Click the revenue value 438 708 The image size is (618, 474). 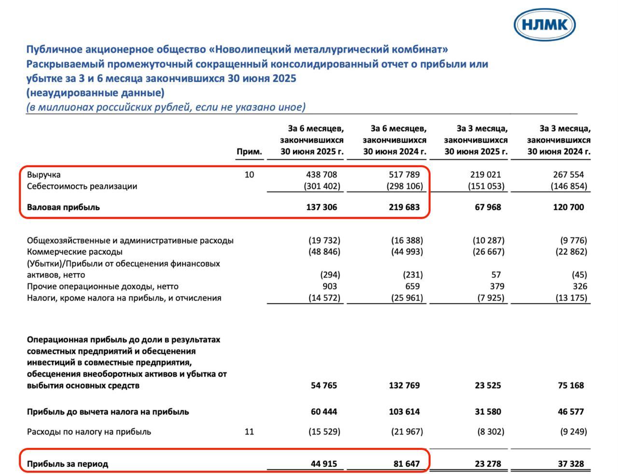tap(322, 175)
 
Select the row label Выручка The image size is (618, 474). tap(44, 175)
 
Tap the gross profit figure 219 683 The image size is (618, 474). tap(404, 207)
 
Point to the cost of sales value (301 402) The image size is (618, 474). tap(322, 186)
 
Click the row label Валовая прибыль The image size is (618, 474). tap(63, 207)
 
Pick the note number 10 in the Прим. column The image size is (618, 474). tap(249, 175)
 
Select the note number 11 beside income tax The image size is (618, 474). tap(249, 432)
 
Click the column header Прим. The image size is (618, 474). tap(249, 152)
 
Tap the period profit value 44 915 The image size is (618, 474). tap(323, 464)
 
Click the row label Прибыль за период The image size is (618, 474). tap(68, 464)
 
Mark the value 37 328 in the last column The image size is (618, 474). tap(571, 464)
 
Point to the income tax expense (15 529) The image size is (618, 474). tap(324, 432)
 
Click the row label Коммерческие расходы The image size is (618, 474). tap(75, 251)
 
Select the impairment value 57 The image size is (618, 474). tap(496, 275)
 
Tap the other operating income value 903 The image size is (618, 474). tap(329, 286)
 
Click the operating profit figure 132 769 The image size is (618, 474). tap(404, 386)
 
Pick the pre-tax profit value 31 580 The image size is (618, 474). tap(487, 412)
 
